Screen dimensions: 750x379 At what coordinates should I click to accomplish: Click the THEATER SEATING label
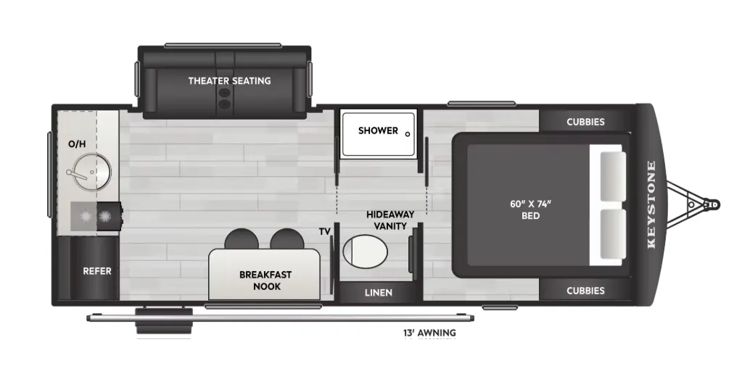point(230,80)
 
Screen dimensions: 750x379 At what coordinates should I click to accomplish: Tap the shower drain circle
point(408,134)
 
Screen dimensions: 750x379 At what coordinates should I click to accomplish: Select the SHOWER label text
point(378,130)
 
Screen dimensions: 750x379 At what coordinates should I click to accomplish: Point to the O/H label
point(77,143)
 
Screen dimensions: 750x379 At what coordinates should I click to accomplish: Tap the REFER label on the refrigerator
point(97,271)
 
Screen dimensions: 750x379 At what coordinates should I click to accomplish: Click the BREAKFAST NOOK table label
point(265,280)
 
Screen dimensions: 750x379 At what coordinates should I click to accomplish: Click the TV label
point(325,232)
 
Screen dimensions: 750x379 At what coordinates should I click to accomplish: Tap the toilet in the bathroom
point(365,249)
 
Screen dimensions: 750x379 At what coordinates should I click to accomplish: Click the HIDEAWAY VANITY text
point(390,220)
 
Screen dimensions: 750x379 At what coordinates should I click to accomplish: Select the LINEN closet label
point(379,293)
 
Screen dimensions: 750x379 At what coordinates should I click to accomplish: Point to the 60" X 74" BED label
point(530,210)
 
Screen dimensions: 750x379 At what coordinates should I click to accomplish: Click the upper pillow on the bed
point(613,176)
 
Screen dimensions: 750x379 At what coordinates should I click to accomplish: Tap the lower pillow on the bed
point(613,234)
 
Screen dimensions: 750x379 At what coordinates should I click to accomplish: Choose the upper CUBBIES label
point(585,122)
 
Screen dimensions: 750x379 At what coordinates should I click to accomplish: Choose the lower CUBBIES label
point(585,291)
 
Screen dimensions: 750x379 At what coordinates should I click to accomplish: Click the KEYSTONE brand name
point(651,205)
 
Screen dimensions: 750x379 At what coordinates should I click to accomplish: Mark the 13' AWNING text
point(429,333)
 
